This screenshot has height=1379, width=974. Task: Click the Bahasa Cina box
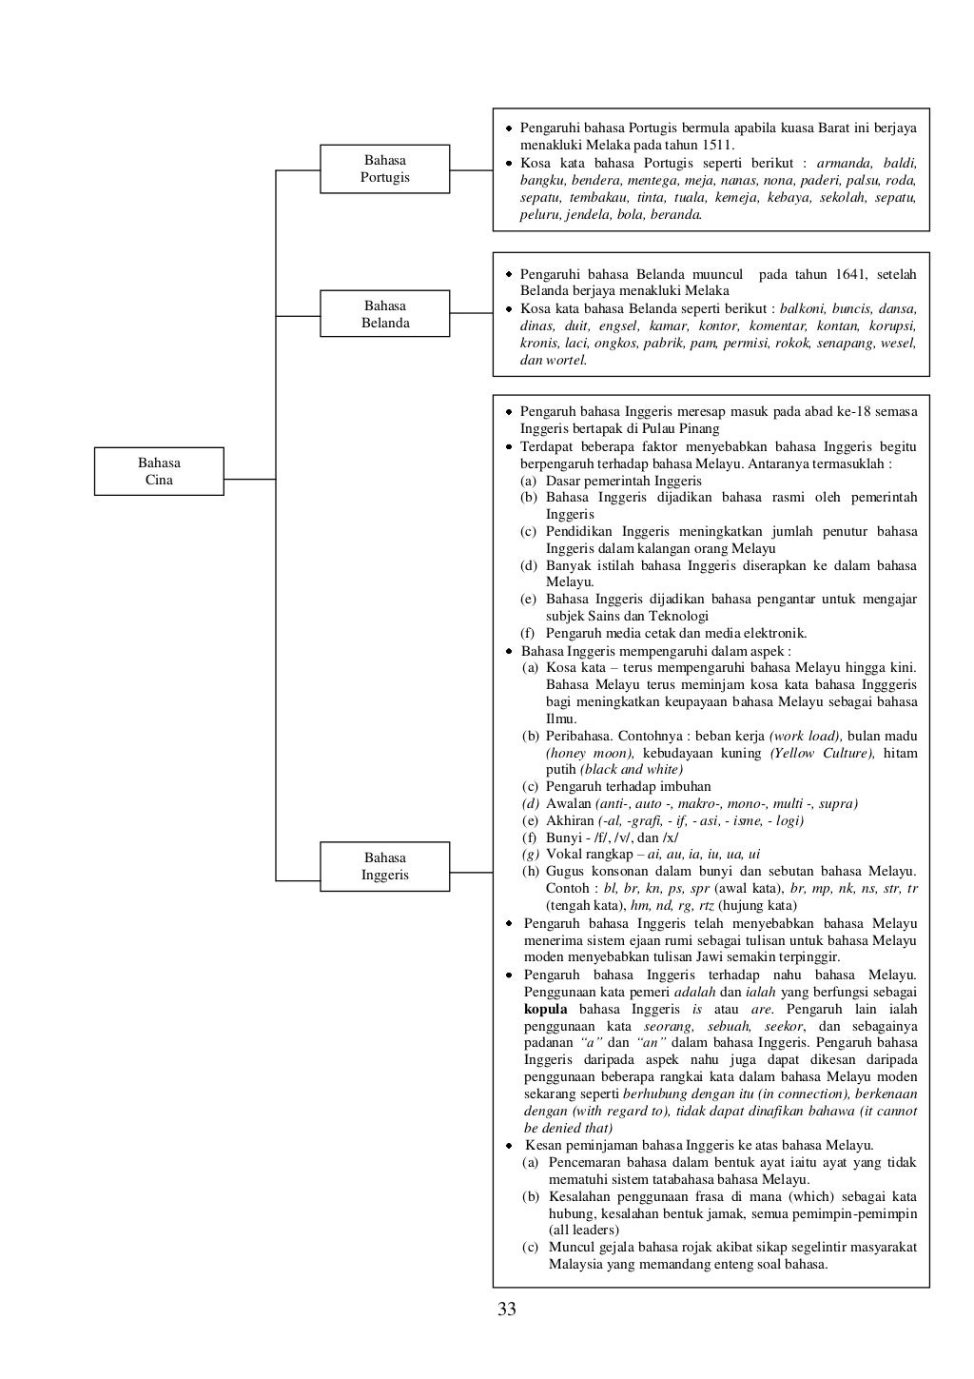point(159,471)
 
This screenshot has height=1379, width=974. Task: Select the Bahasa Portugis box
point(384,168)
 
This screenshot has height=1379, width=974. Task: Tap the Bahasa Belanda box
point(384,314)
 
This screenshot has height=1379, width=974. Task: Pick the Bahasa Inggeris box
point(384,866)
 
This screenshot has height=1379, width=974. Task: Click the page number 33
point(507,1310)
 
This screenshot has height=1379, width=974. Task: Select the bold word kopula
point(546,1009)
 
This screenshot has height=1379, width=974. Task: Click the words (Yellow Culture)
point(822,753)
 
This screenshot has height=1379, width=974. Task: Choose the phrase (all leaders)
point(584,1230)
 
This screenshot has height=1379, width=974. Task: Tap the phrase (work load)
point(805,736)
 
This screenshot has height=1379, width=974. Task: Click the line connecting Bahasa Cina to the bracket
point(249,480)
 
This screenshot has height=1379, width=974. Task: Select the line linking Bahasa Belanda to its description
point(471,312)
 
